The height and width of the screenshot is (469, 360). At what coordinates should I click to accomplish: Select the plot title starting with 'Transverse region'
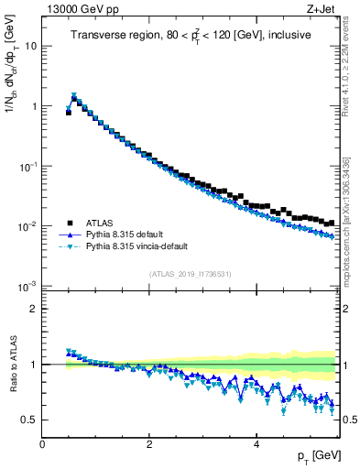point(191,35)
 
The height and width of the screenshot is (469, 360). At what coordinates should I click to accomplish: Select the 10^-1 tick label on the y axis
point(28,166)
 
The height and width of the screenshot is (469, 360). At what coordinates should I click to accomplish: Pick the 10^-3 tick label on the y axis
point(28,287)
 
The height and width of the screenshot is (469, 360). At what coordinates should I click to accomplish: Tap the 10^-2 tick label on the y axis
point(28,226)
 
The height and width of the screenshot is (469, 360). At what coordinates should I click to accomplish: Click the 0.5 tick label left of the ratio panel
point(30,420)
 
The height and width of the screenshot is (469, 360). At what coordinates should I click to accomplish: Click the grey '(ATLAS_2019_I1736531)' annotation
point(191,274)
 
